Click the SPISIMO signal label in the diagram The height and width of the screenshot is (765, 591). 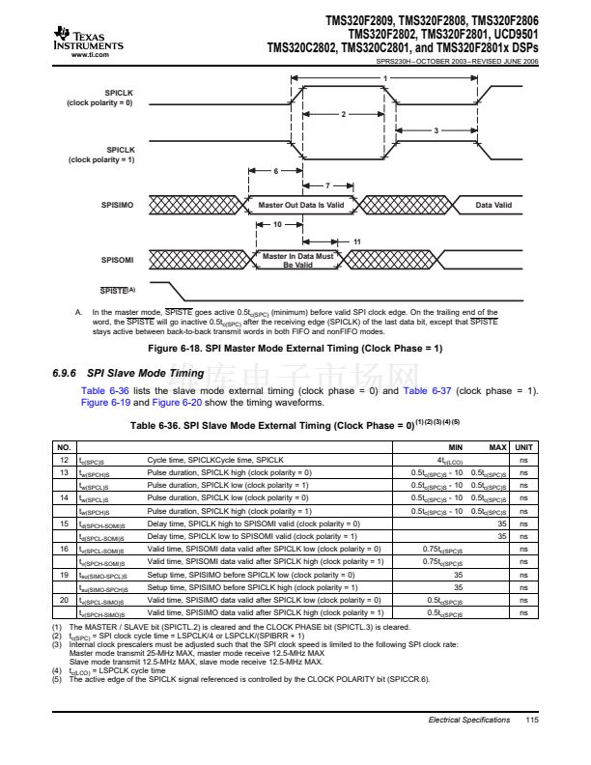117,205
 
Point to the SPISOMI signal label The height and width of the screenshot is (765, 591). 117,260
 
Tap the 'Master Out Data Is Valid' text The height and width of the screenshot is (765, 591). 300,205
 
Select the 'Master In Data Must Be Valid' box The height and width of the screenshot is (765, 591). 298,260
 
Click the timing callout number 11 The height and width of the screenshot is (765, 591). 357,241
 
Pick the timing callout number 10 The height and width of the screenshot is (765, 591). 276,224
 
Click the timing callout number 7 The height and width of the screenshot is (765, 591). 327,184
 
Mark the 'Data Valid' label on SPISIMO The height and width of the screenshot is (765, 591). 493,205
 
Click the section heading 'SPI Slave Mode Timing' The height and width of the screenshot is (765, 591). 145,373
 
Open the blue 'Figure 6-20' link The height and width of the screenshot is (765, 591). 175,403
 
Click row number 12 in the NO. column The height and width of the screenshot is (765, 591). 64,460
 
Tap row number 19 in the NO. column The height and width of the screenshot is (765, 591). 64,574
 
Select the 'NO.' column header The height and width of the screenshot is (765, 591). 65,448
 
